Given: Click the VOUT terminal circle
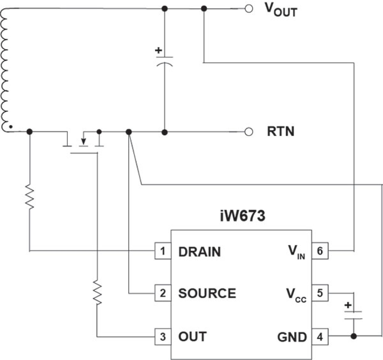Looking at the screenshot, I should pyautogui.click(x=249, y=9).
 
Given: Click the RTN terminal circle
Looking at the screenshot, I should pyautogui.click(x=249, y=132).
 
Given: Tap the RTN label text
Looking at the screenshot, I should pyautogui.click(x=281, y=131).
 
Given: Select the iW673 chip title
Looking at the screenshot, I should pyautogui.click(x=242, y=216).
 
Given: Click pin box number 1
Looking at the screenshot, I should pyautogui.click(x=163, y=251).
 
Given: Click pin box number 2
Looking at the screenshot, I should pyautogui.click(x=163, y=293).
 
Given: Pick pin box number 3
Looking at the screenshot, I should pyautogui.click(x=163, y=337).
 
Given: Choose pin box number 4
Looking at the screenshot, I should pyautogui.click(x=320, y=337).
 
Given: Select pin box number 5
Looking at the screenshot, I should pyautogui.click(x=320, y=293).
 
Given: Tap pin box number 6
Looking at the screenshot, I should pyautogui.click(x=320, y=251).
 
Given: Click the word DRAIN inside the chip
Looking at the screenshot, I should pyautogui.click(x=199, y=252).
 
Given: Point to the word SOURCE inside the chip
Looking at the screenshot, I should pyautogui.click(x=207, y=293).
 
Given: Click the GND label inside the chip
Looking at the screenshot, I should pyautogui.click(x=292, y=337).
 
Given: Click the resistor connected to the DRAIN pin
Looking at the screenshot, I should pyautogui.click(x=30, y=197).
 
